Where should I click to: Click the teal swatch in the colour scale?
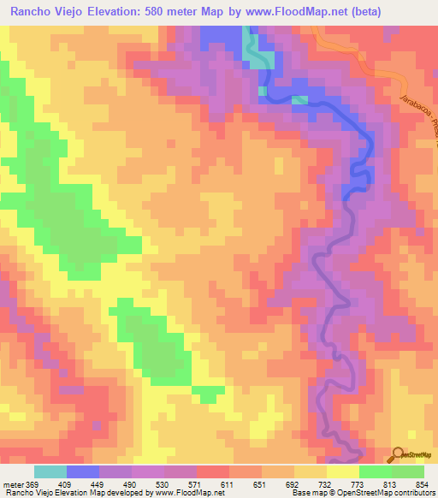(x=50, y=471)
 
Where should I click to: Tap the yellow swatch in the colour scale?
(x=342, y=471)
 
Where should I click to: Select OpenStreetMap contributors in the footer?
(x=388, y=493)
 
